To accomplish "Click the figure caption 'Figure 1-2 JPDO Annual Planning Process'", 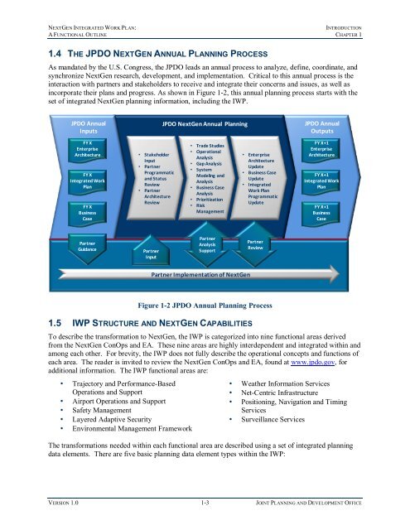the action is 204,304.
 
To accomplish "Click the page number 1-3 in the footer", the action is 204,514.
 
